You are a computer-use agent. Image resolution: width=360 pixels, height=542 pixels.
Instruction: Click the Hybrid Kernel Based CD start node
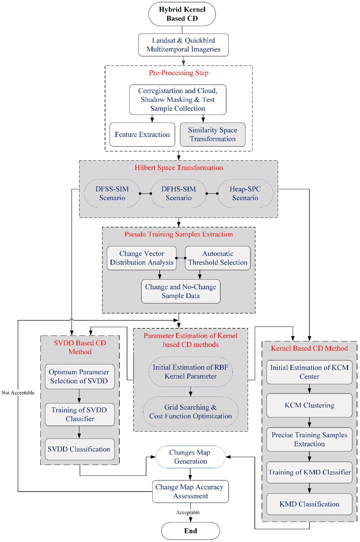(182, 14)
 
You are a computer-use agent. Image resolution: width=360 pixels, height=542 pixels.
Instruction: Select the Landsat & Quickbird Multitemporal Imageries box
(183, 45)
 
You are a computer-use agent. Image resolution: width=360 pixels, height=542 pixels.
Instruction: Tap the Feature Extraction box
(142, 135)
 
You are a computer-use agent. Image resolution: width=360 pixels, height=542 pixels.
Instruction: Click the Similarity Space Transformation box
(212, 135)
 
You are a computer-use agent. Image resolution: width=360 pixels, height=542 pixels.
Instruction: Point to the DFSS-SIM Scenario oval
(112, 194)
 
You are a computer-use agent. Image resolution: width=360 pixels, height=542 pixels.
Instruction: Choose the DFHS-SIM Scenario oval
(179, 194)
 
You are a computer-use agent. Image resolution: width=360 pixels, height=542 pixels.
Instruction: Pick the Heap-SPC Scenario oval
(245, 194)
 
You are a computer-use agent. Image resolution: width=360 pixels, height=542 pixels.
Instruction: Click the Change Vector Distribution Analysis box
(141, 258)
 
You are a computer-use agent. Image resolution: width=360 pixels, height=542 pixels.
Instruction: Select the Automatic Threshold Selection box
(218, 258)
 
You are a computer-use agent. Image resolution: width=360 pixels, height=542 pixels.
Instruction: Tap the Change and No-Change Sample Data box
(181, 292)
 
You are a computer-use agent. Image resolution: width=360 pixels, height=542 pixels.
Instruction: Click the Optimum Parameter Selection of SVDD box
(79, 377)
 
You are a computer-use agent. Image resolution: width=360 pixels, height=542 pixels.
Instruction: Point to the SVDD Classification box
(79, 449)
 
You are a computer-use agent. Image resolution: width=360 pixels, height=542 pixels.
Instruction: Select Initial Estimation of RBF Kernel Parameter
(191, 372)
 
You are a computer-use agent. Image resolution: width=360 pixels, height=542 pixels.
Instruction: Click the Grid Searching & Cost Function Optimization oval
(191, 412)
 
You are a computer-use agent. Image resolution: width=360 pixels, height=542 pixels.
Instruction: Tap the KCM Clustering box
(309, 405)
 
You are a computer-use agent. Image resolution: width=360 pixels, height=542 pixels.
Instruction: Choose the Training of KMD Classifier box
(309, 472)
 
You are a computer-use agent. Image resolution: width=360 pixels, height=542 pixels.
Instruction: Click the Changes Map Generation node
(190, 457)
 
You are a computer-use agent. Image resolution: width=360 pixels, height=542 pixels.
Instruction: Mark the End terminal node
(191, 531)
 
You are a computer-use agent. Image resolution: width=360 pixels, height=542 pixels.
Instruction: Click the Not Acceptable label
(18, 393)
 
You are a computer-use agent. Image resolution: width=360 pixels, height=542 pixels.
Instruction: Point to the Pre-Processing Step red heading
(179, 73)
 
